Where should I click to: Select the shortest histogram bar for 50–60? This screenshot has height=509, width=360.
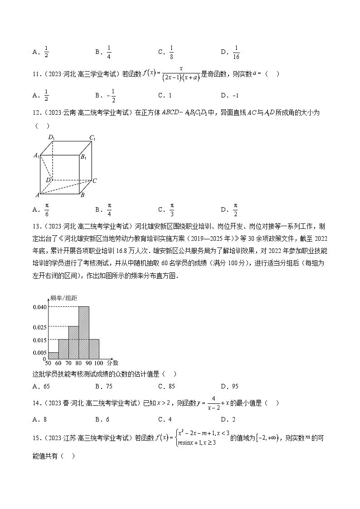[53, 355]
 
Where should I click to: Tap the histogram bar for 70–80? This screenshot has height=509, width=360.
[73, 343]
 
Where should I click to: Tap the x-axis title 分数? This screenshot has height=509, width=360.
[113, 363]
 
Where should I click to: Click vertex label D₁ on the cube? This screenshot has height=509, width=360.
[52, 138]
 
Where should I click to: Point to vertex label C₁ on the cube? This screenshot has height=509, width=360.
[92, 138]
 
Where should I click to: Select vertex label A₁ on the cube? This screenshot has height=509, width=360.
[37, 155]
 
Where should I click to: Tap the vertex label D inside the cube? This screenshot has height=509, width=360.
[48, 180]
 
